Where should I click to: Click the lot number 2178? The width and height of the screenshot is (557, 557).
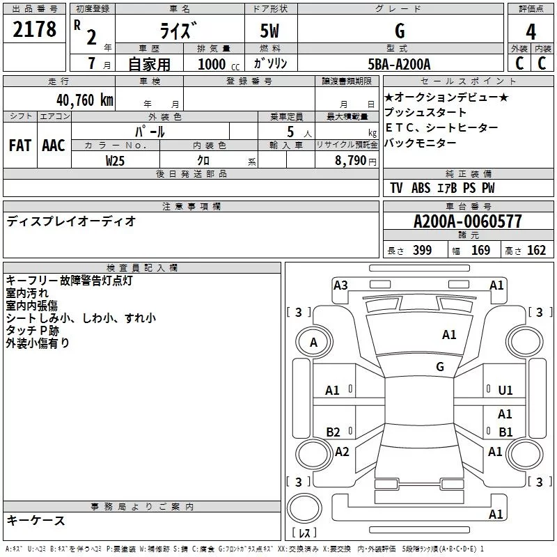point(35,29)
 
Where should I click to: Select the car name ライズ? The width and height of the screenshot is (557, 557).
point(179,31)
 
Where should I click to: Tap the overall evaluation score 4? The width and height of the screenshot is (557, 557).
point(531,31)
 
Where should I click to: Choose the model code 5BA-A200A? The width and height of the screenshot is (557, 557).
point(399,64)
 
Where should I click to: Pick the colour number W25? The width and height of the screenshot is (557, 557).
point(116,160)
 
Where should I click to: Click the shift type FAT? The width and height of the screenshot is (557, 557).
point(19,145)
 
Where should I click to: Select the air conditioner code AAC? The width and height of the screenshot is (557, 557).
point(54,145)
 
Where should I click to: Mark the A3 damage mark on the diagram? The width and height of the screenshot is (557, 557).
point(340,285)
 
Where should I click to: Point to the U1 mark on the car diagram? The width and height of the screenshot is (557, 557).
point(505,391)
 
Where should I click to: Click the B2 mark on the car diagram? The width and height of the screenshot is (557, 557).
point(333,432)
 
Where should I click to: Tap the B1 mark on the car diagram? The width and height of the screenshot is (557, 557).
point(505,432)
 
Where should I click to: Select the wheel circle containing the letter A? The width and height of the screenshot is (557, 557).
point(313,343)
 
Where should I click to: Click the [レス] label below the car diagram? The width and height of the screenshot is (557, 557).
point(304,533)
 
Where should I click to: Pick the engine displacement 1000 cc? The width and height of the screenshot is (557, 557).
point(214,64)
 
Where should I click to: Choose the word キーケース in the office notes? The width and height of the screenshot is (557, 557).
point(36,521)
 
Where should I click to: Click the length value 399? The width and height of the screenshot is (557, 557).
point(422,250)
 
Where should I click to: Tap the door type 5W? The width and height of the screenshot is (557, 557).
point(270,31)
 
